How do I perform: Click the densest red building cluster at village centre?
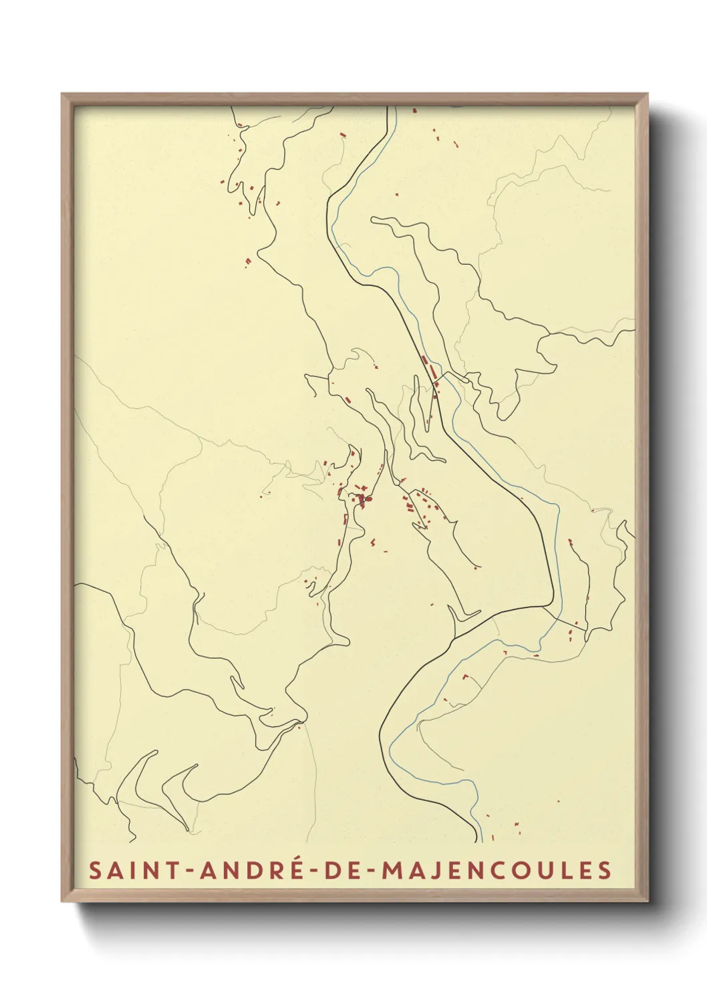coord(362,499)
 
